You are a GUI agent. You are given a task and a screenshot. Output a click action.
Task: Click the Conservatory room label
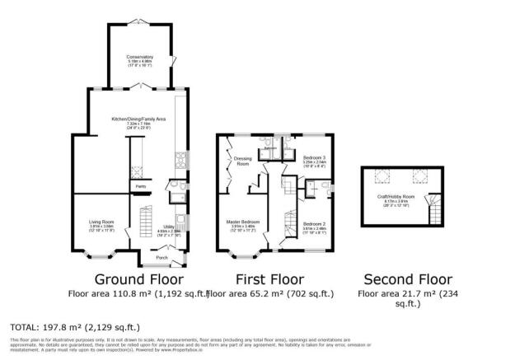[x=140, y=57]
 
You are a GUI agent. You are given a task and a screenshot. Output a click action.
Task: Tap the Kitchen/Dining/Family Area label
[x=139, y=119]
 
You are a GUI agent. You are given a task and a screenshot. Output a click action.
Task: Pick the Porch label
[x=162, y=255]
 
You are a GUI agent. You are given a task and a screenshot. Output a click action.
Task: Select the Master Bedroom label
[x=243, y=222]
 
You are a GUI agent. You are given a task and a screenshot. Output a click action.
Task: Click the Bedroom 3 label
[x=314, y=157]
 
